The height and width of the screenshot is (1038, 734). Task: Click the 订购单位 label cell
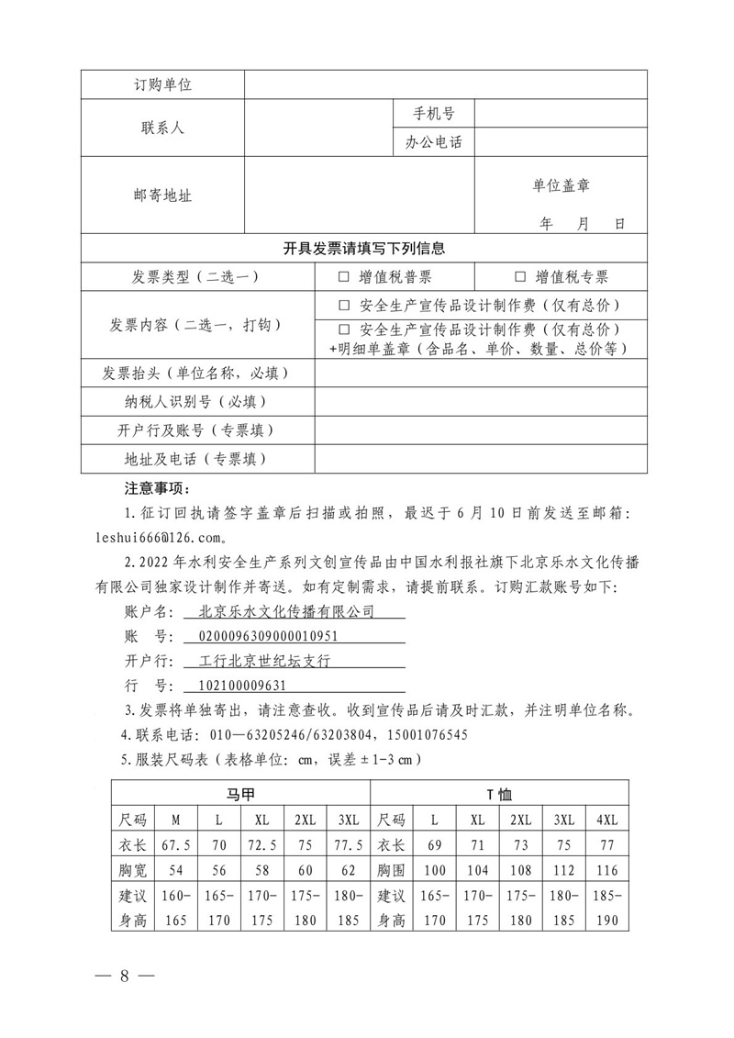click(162, 85)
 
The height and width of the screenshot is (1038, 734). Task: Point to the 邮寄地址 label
click(162, 195)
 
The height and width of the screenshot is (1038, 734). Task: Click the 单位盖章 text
click(561, 185)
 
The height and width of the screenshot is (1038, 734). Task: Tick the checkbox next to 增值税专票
click(520, 277)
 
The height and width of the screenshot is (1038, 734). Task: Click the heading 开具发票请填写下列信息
click(363, 249)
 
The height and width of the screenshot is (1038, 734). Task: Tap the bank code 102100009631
click(236, 686)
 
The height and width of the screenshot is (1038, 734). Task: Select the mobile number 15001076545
click(425, 735)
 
